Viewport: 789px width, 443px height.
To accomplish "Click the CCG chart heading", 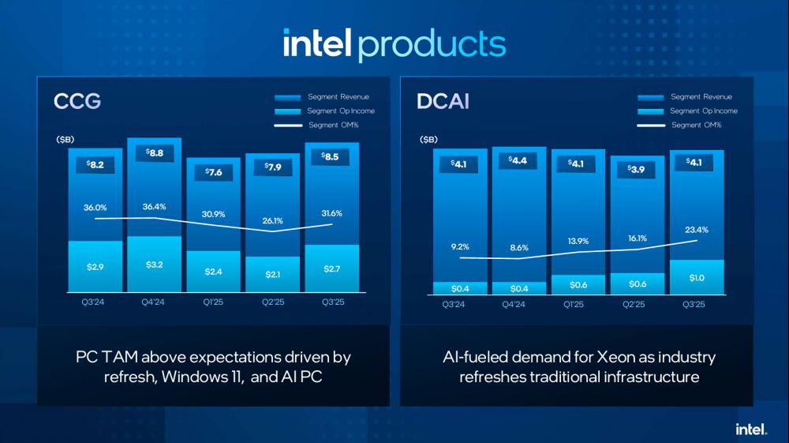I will pyautogui.click(x=77, y=102).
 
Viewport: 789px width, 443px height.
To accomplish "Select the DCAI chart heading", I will pyautogui.click(x=443, y=102).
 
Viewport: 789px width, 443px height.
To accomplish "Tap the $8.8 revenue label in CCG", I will pyautogui.click(x=154, y=153).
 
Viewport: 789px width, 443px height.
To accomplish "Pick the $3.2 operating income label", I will pyautogui.click(x=155, y=264).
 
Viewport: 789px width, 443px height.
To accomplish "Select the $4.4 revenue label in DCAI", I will pyautogui.click(x=518, y=162).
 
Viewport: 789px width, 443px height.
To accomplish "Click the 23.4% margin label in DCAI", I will pyautogui.click(x=697, y=229).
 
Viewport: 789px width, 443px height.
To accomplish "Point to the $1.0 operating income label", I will pyautogui.click(x=697, y=277).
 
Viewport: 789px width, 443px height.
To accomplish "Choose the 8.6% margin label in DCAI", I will pyautogui.click(x=518, y=247).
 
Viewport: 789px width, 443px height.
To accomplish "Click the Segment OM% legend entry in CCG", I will pyautogui.click(x=335, y=125).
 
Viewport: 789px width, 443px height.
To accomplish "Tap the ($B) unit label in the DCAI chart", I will pyautogui.click(x=428, y=140).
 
